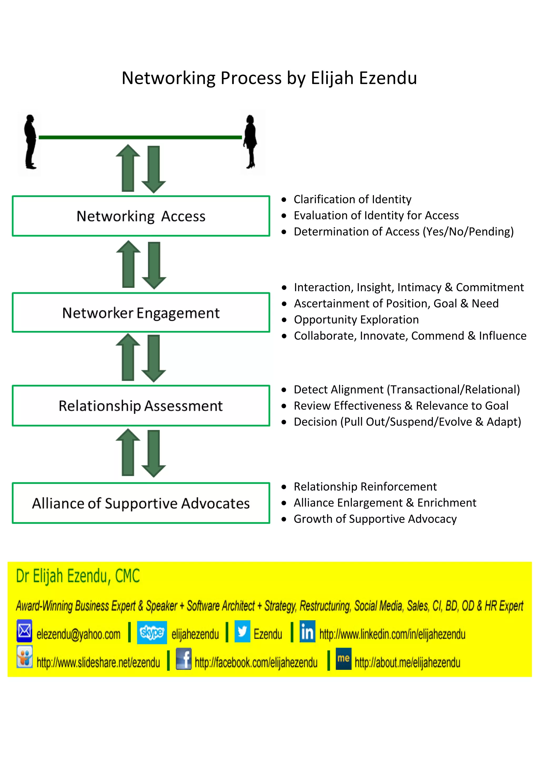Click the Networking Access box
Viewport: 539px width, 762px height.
pyautogui.click(x=141, y=216)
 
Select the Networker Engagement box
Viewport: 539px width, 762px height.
pyautogui.click(x=141, y=313)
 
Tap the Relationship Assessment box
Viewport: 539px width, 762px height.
pyautogui.click(x=141, y=405)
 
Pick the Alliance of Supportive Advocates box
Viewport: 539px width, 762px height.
pyautogui.click(x=141, y=503)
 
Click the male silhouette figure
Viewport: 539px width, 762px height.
pyautogui.click(x=30, y=142)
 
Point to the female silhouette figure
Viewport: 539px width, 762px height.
pyautogui.click(x=251, y=142)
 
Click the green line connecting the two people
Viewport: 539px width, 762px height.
pyautogui.click(x=140, y=137)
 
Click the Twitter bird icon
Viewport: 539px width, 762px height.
pyautogui.click(x=242, y=631)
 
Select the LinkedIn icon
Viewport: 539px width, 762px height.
pyautogui.click(x=307, y=631)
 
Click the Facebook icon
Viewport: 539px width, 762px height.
pyautogui.click(x=183, y=659)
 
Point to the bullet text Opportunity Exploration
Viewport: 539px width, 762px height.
pyautogui.click(x=356, y=320)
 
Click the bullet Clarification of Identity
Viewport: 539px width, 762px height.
pyautogui.click(x=352, y=199)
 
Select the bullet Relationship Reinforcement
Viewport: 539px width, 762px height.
pyautogui.click(x=365, y=487)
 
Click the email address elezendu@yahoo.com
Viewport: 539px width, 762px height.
pyautogui.click(x=78, y=634)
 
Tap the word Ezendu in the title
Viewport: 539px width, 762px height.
pyautogui.click(x=388, y=78)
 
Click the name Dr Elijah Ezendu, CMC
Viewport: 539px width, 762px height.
pyautogui.click(x=78, y=576)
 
